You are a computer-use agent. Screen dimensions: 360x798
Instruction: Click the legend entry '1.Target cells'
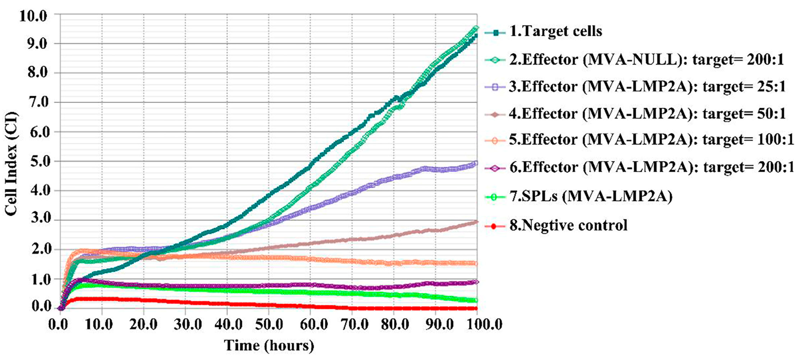click(x=556, y=31)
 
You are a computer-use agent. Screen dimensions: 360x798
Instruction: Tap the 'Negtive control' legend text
click(x=568, y=225)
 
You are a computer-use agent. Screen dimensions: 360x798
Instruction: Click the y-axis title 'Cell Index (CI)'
click(x=11, y=164)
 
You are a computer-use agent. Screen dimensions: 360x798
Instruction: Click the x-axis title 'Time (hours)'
click(x=269, y=346)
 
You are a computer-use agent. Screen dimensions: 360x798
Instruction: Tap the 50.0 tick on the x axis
click(x=269, y=324)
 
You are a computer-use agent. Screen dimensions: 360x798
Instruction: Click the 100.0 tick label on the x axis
click(x=477, y=324)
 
